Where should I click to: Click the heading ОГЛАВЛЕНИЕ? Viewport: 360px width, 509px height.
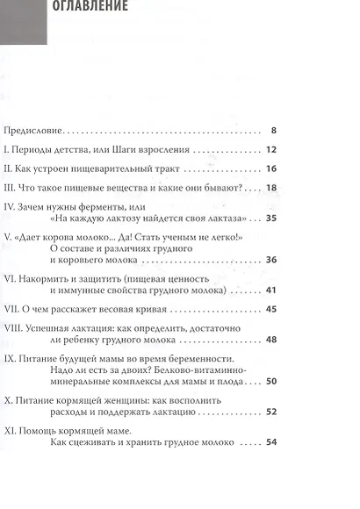coord(91,6)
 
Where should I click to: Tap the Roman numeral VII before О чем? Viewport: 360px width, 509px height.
coord(13,309)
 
